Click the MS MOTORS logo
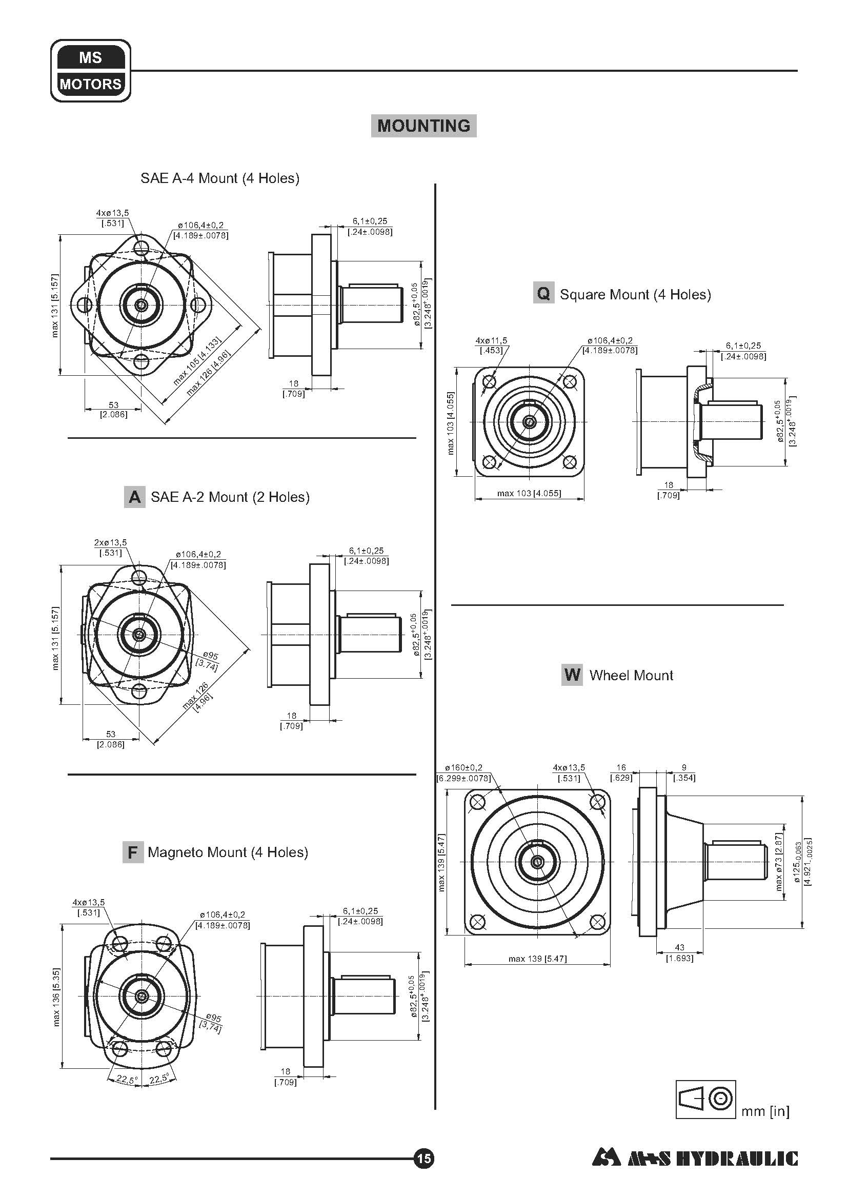coord(90,71)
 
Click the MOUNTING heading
coord(423,126)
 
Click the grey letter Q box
coord(543,294)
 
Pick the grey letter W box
coord(572,675)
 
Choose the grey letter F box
coord(133,852)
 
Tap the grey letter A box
coord(134,497)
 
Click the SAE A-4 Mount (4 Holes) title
coord(220,178)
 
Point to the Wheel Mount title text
coord(631,675)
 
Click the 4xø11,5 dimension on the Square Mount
coord(491,345)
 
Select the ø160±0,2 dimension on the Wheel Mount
coord(463,773)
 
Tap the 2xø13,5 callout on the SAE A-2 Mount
coord(110,547)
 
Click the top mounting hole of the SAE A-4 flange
coord(141,247)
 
